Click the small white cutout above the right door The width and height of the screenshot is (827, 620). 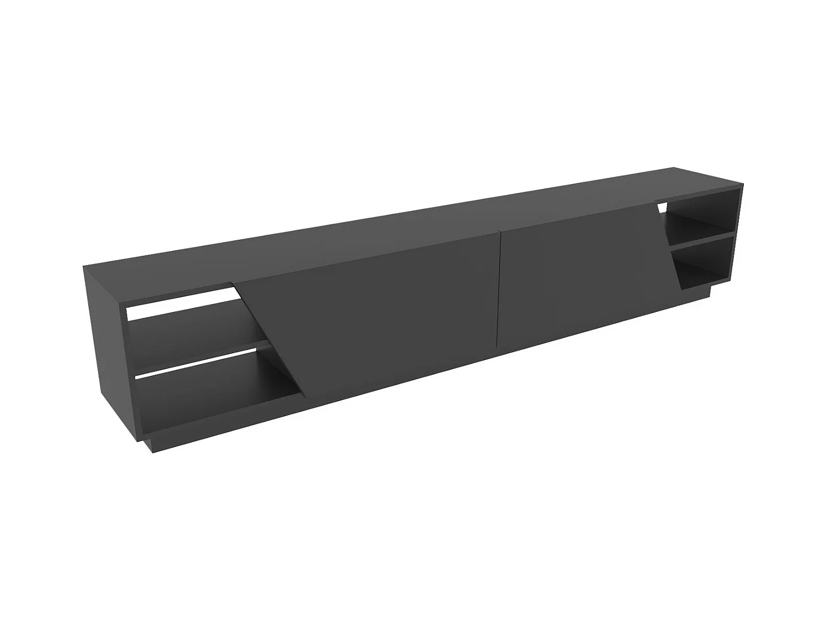tap(662, 207)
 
